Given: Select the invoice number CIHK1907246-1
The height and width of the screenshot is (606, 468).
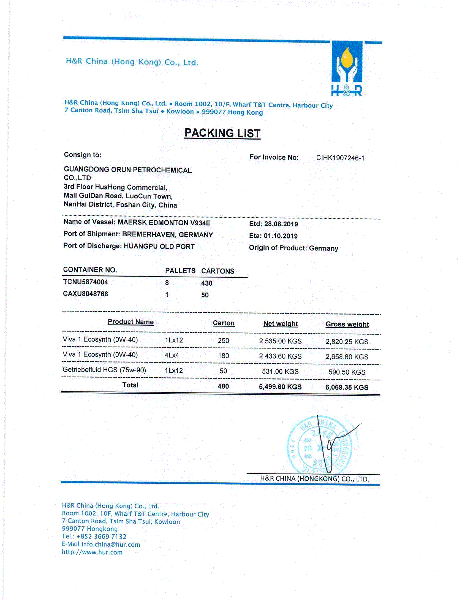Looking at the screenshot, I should point(340,158).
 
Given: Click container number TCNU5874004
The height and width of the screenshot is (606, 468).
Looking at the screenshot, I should point(86,282).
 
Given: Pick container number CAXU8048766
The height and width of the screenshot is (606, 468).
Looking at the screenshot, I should point(86,294).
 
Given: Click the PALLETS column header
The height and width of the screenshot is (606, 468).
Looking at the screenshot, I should point(180,271).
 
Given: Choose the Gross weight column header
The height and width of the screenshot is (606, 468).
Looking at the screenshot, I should point(347,324).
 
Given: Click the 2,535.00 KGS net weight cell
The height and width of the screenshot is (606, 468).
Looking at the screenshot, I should point(280,341).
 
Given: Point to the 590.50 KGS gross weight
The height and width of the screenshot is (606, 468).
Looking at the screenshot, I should point(347,372).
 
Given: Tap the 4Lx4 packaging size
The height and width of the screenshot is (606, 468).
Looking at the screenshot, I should point(172,355).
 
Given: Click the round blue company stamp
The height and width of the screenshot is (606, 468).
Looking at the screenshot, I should point(319,448).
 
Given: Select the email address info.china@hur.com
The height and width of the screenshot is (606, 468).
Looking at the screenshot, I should point(111,545).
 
